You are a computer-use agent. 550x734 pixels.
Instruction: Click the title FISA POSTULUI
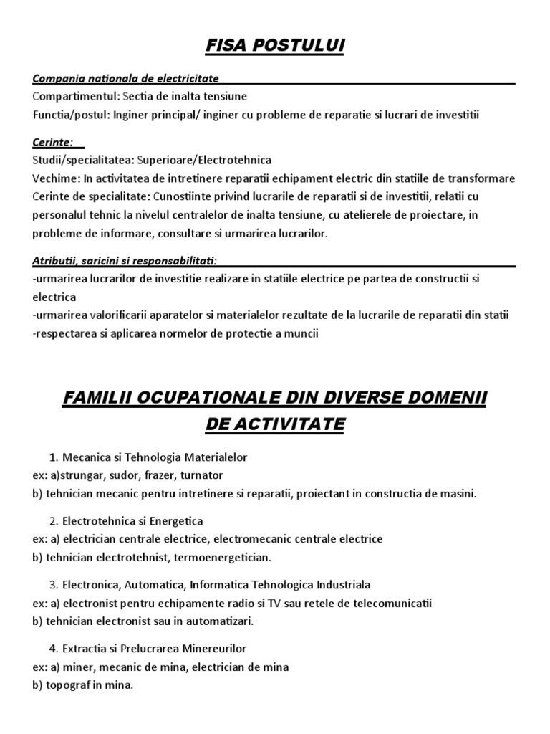pyautogui.click(x=275, y=47)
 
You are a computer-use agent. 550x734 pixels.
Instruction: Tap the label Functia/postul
pyautogui.click(x=70, y=113)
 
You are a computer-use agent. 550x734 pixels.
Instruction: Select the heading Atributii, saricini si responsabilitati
pyautogui.click(x=125, y=259)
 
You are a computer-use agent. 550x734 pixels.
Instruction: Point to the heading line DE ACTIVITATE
pyautogui.click(x=275, y=424)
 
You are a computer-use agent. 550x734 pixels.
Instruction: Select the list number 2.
pyautogui.click(x=54, y=520)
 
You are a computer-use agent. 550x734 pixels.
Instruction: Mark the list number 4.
pyautogui.click(x=54, y=649)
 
